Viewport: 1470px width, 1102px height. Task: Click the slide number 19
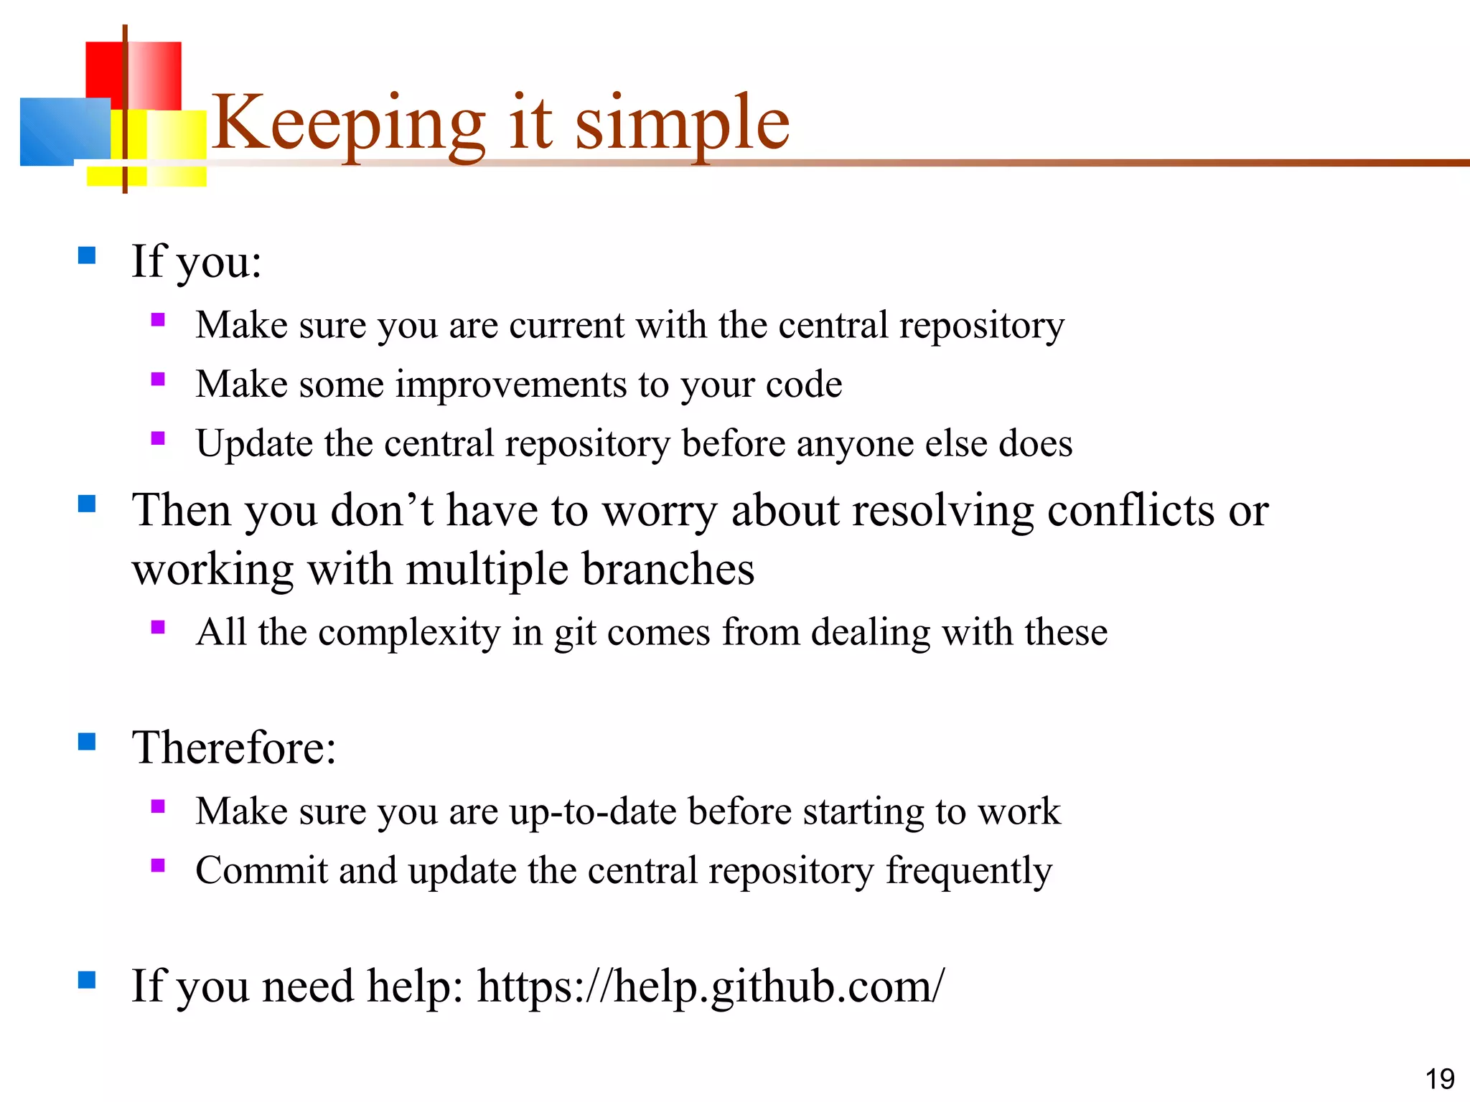coord(1439,1079)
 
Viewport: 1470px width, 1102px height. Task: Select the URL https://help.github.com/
coord(711,986)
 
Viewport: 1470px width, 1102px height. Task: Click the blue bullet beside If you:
coord(87,255)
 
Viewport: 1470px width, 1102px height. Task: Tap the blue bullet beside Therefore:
coord(87,741)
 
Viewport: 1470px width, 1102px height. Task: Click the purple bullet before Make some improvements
coord(158,379)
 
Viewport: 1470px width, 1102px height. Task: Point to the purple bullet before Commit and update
coord(158,865)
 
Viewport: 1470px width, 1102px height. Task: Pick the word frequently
coord(969,871)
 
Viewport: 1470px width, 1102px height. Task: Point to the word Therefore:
coord(234,748)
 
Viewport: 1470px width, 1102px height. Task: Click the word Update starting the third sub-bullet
coord(254,443)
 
